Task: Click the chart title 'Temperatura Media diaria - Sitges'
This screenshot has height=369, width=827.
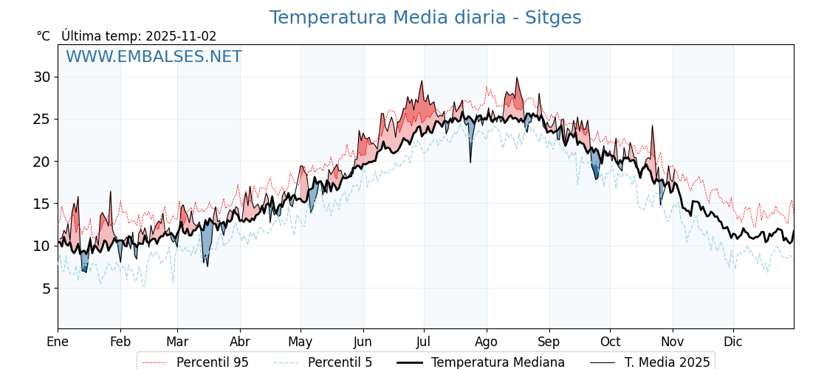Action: pyautogui.click(x=425, y=18)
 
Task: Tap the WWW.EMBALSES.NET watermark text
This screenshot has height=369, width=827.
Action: pyautogui.click(x=154, y=57)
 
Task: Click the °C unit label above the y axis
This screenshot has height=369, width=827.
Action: pyautogui.click(x=44, y=36)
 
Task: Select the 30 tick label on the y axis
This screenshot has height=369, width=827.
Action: pyautogui.click(x=42, y=77)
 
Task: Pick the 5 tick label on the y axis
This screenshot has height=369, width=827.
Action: pyautogui.click(x=46, y=288)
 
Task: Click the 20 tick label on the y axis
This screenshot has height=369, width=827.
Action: pyautogui.click(x=42, y=162)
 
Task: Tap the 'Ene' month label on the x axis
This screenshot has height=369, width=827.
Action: pyautogui.click(x=58, y=342)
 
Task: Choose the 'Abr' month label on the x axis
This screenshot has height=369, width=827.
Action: pyautogui.click(x=240, y=342)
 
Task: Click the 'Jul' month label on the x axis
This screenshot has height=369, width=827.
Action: pyautogui.click(x=424, y=342)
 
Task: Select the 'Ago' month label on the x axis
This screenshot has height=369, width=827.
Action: pyautogui.click(x=487, y=342)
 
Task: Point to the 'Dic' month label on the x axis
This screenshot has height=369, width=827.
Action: pyautogui.click(x=733, y=342)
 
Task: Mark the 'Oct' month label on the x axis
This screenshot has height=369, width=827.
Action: pyautogui.click(x=610, y=342)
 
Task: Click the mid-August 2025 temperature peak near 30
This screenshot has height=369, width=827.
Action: pyautogui.click(x=517, y=78)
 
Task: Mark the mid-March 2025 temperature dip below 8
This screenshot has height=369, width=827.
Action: pyautogui.click(x=207, y=265)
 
